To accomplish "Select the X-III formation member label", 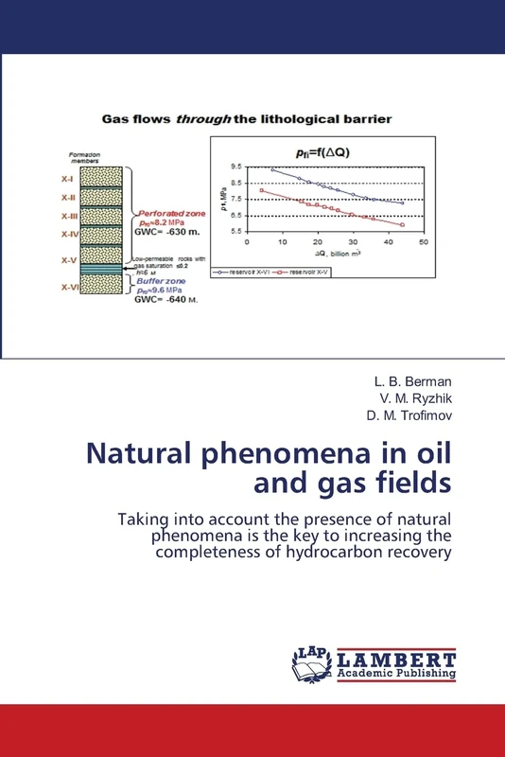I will click(69, 215).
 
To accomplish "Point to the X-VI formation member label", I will click(69, 287).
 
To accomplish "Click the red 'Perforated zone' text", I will click(167, 213).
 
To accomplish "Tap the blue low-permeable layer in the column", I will click(102, 270).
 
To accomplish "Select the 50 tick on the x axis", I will click(424, 242).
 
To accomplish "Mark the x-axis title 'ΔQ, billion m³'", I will click(338, 255).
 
